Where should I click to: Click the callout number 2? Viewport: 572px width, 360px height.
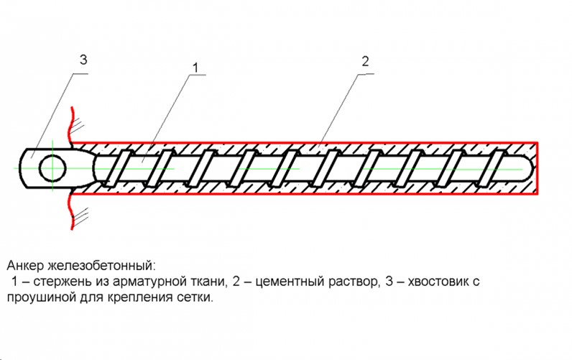[365, 62]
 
